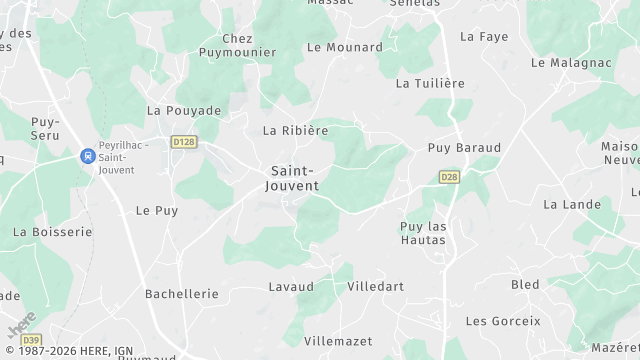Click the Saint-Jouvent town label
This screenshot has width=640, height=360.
coord(295,178)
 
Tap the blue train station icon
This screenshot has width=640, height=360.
coord(88,156)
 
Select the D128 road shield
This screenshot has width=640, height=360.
coord(183,142)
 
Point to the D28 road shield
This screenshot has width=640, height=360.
coord(449,177)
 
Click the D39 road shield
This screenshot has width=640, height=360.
coord(31,340)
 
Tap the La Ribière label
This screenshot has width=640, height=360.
coord(295,131)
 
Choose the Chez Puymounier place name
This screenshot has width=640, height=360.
coord(237,45)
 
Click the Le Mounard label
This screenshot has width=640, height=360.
coord(345,47)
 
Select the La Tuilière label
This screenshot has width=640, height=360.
coord(431,83)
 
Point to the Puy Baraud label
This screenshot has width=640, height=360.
coord(464,147)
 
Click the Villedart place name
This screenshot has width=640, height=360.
coord(375,286)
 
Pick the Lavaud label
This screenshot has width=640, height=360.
coord(291,287)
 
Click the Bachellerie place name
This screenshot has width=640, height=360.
coord(182,294)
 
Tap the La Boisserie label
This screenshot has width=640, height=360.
coord(52,231)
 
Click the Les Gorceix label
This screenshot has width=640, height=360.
coord(503,321)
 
